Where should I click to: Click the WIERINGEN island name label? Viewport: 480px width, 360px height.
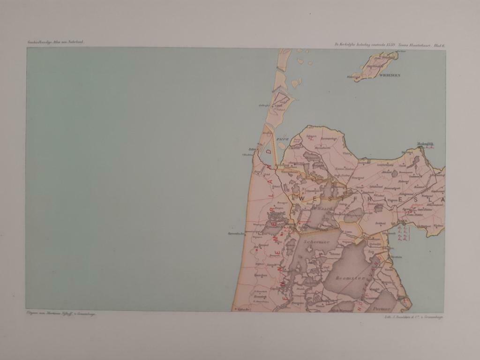390,75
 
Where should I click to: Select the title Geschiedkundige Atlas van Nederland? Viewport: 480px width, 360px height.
55,43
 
